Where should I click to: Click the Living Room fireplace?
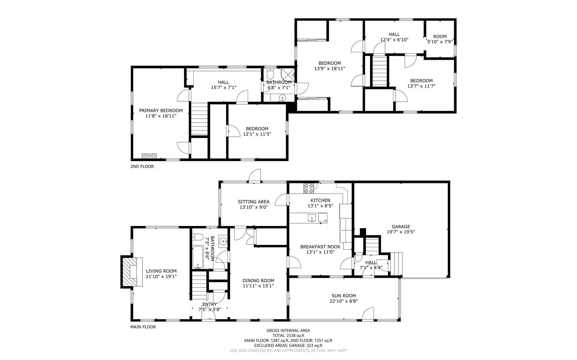click(130, 271)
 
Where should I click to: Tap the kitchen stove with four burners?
click(309, 186)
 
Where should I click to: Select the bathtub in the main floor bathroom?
click(198, 257)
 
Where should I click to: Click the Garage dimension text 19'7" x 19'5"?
click(401, 232)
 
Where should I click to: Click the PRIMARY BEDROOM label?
click(161, 111)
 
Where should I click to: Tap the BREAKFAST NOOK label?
click(320, 247)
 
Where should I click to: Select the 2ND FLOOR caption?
click(142, 166)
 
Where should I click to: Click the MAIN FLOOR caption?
click(143, 327)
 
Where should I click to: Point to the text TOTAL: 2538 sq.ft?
click(288, 335)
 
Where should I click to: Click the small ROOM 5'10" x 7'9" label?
click(440, 36)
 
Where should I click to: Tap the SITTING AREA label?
click(254, 202)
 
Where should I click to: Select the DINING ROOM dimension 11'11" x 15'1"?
click(258, 286)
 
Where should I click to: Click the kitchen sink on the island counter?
click(312, 218)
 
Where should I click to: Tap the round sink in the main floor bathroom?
click(223, 241)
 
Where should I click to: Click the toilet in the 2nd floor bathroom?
click(270, 74)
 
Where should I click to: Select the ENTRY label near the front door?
click(210, 305)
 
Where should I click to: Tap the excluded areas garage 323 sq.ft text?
click(288, 345)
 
